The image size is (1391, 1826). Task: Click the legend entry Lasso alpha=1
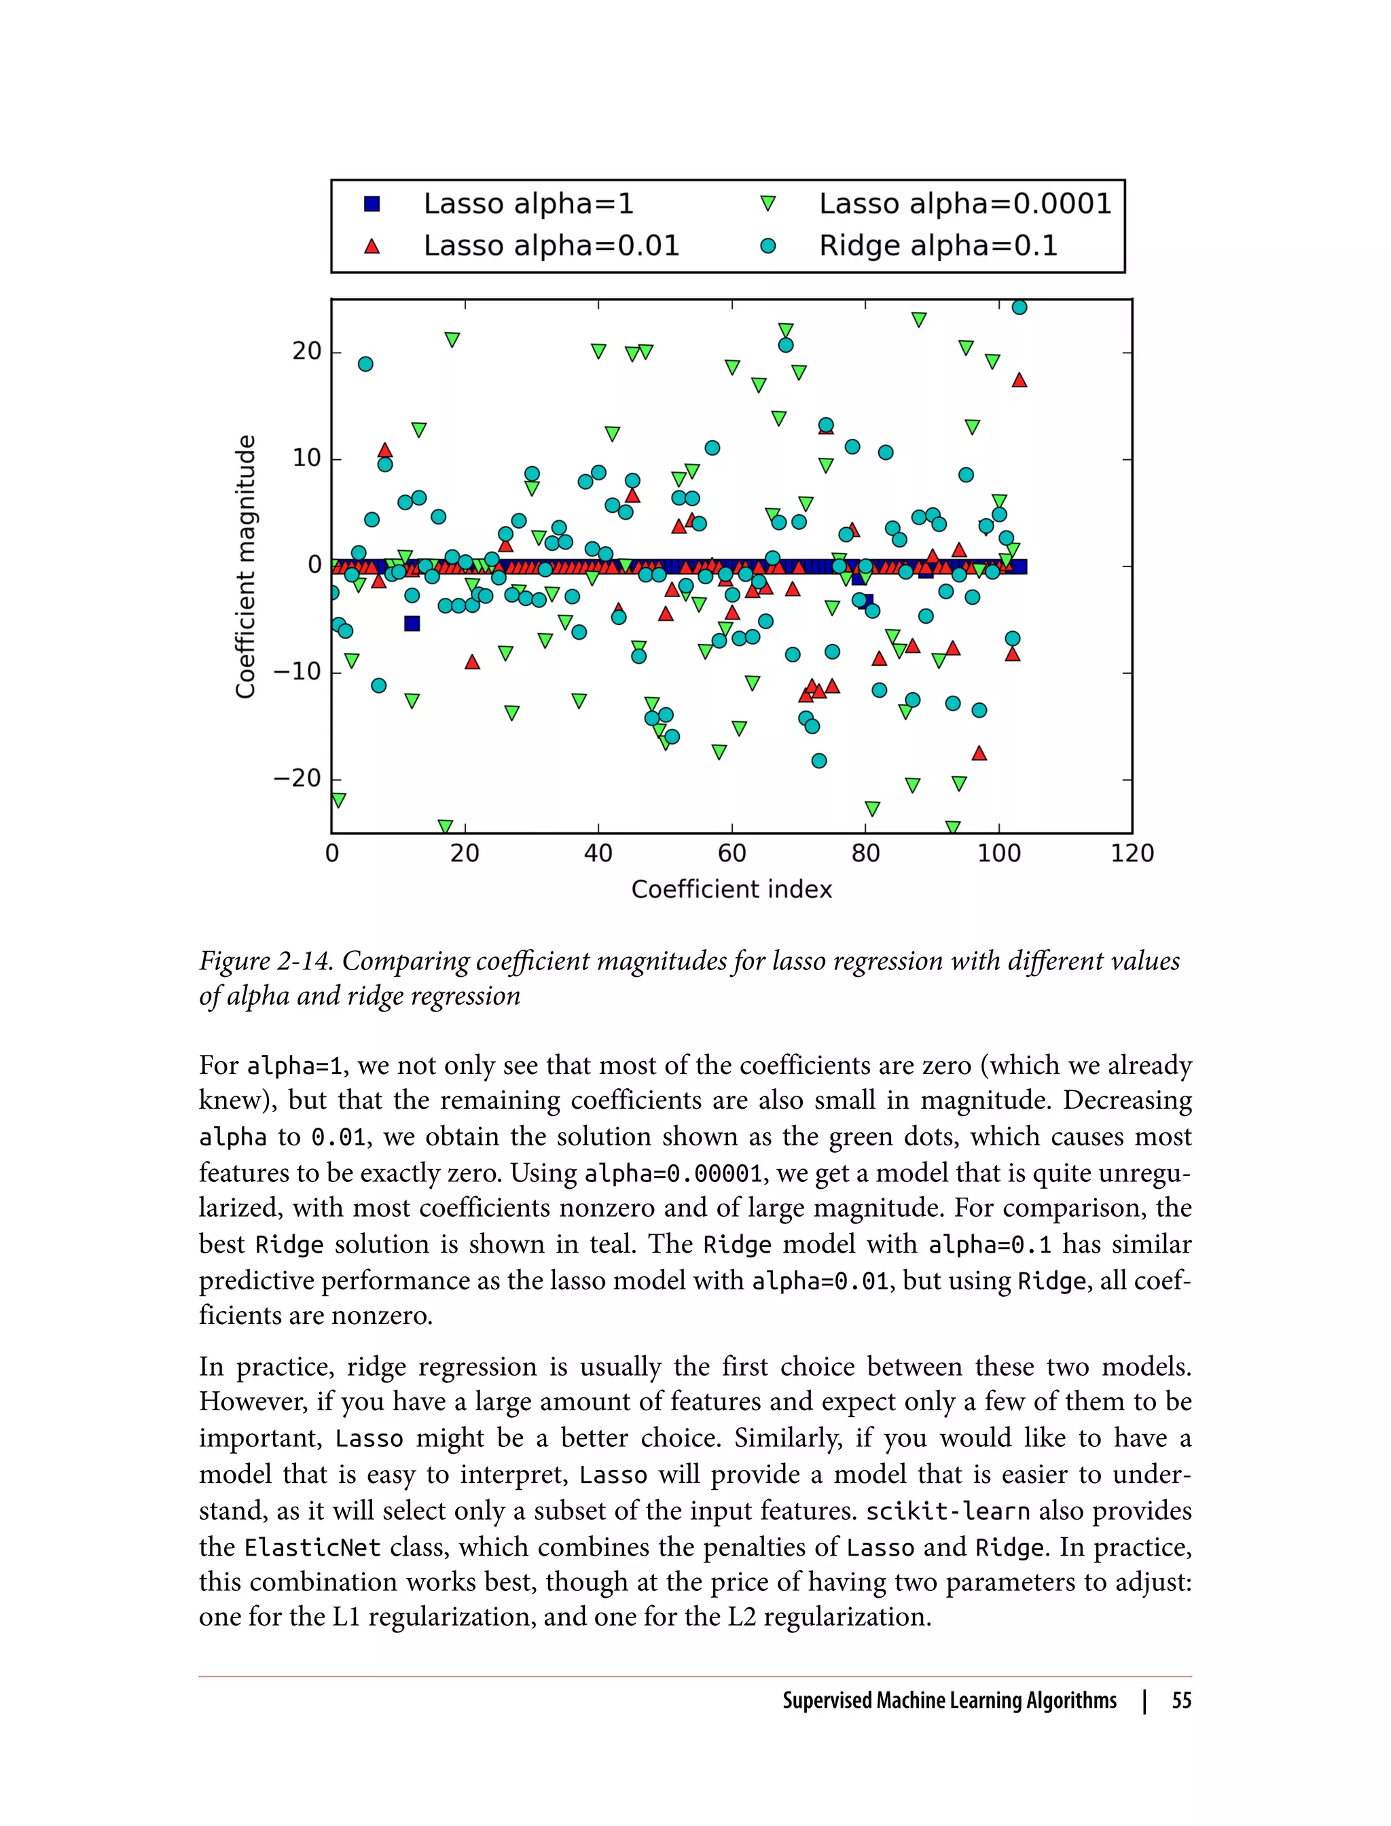528,204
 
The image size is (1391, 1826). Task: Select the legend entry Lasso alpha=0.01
551,246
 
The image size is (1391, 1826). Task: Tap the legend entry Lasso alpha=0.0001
964,204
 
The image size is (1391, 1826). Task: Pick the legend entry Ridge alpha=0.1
937,246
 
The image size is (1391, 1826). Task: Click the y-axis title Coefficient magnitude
245,567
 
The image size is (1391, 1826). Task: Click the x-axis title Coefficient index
731,889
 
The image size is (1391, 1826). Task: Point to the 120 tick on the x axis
1131,853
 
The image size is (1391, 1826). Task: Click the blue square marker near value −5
412,623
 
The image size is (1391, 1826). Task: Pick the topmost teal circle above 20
1019,307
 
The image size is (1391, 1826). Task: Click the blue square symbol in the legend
372,204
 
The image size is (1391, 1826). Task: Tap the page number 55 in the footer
1182,1700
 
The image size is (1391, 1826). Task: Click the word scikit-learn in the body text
947,1511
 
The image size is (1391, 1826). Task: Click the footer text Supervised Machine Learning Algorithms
949,1700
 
